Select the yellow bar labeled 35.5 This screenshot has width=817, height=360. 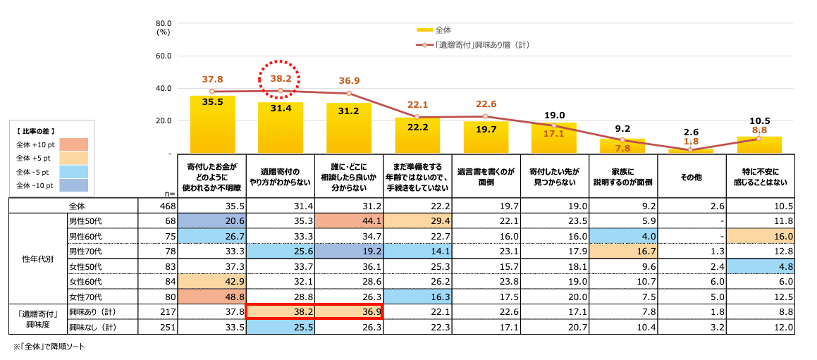pyautogui.click(x=212, y=125)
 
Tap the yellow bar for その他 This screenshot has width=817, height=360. pyautogui.click(x=690, y=151)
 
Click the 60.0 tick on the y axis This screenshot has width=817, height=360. pyautogui.click(x=164, y=56)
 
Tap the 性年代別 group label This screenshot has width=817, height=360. pyautogui.click(x=35, y=259)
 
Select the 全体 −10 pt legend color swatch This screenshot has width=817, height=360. pyautogui.click(x=73, y=186)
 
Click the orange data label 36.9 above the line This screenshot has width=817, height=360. pyautogui.click(x=350, y=80)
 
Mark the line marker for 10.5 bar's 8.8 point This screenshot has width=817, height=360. pyautogui.click(x=758, y=139)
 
